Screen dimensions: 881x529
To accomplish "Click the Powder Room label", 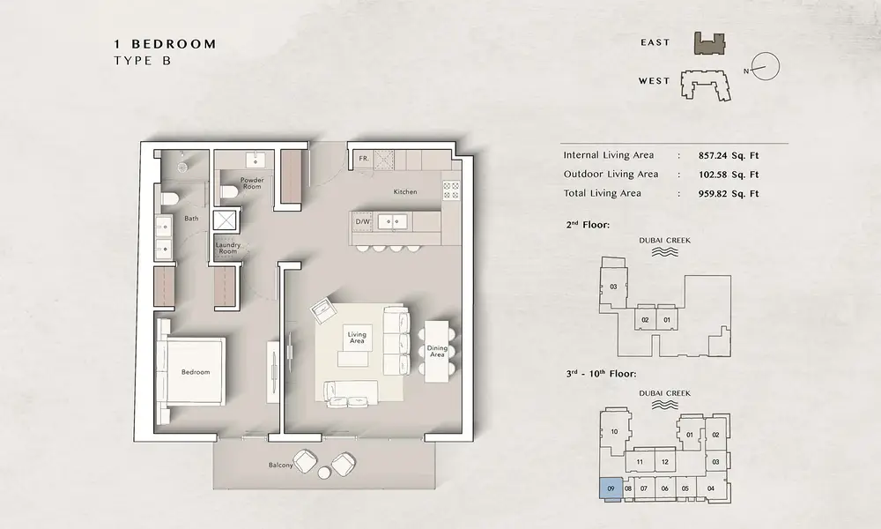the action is click(252, 183).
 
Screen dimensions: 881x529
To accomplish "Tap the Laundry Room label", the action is click(227, 248).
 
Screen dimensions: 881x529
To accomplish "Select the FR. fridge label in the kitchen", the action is click(364, 159).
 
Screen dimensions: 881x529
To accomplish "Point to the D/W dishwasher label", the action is click(362, 221).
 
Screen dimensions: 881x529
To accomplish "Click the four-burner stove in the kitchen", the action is click(450, 190).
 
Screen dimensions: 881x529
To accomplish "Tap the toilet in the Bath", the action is click(168, 197).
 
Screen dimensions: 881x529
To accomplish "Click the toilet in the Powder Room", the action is click(228, 191).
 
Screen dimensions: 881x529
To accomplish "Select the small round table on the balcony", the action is click(324, 473).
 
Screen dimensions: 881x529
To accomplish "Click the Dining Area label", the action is click(437, 352).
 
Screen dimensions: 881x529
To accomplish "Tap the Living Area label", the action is click(357, 338).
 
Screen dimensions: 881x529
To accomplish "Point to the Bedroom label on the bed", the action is click(196, 372).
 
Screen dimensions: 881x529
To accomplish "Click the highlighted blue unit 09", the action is click(611, 488).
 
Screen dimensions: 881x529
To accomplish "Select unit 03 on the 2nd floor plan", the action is click(613, 287).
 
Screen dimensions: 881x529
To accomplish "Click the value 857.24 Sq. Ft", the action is click(729, 156).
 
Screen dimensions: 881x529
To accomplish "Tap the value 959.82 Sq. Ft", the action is click(729, 194).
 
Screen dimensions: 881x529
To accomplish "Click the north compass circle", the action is click(766, 66).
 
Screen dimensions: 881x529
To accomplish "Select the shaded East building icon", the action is click(709, 43).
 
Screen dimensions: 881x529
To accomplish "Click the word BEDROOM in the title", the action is click(174, 44).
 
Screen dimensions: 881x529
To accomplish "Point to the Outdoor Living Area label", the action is click(611, 175).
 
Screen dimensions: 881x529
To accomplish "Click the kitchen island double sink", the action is click(392, 221).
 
